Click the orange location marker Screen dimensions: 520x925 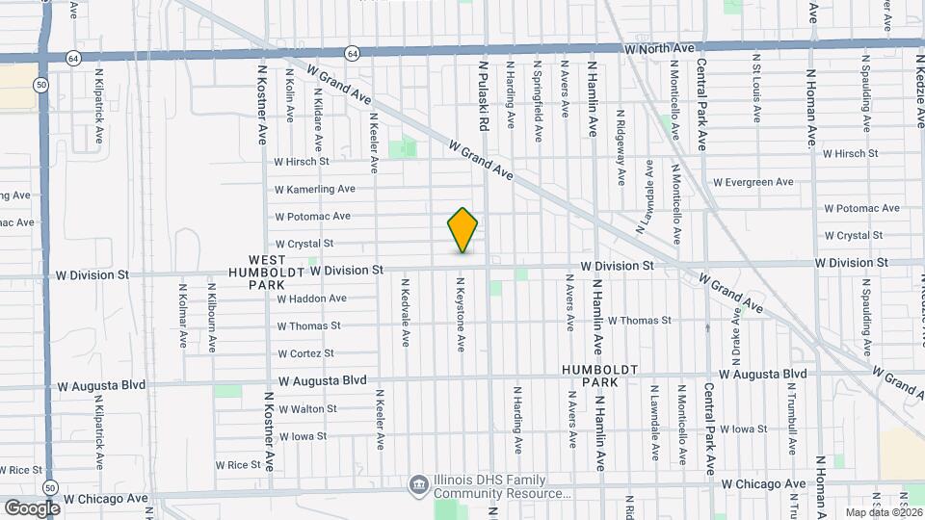coord(462,230)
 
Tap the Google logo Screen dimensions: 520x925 coord(32,507)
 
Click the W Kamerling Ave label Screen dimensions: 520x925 coord(315,190)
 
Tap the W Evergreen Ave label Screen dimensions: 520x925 coord(753,182)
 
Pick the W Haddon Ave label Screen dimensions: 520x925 coord(311,299)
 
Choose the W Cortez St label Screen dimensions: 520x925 coord(305,353)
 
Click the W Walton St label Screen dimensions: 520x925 coord(307,408)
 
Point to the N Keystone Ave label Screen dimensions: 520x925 coord(462,315)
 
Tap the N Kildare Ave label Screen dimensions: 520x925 coord(316,93)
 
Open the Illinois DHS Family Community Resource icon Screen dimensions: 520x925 coord(417,484)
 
